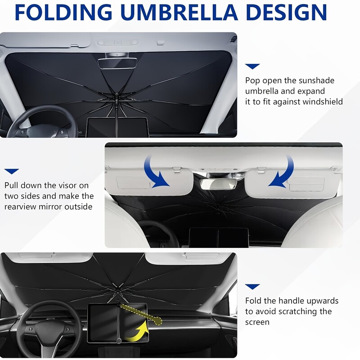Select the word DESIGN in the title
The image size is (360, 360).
pos(287,12)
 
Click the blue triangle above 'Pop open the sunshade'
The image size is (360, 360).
pos(252,66)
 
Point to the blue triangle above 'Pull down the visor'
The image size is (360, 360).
pos(12,171)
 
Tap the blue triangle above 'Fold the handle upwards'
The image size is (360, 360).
pos(252,287)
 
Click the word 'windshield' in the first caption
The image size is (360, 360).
pos(323,102)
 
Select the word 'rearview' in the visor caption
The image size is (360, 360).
pos(20,207)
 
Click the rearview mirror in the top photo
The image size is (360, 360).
pos(117,63)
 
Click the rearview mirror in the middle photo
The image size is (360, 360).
pos(218,184)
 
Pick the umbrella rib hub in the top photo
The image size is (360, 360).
pos(117,99)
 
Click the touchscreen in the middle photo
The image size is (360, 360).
pos(219,238)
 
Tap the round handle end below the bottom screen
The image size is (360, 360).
pos(119,341)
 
